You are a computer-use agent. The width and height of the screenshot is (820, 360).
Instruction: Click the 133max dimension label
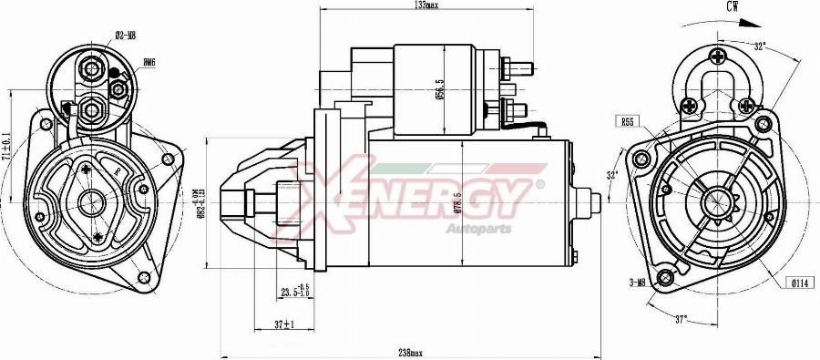point(425,5)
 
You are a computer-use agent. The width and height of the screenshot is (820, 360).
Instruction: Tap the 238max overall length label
point(411,353)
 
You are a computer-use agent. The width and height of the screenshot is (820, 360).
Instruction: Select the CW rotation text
point(732,6)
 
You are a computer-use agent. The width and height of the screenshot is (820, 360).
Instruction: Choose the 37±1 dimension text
point(284,324)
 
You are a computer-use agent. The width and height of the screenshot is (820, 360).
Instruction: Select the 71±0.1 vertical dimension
point(6,146)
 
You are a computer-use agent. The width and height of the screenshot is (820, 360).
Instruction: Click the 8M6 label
point(149,62)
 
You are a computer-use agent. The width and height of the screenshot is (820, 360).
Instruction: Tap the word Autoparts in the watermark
point(471,227)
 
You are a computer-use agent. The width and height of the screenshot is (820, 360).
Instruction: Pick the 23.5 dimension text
point(293,293)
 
